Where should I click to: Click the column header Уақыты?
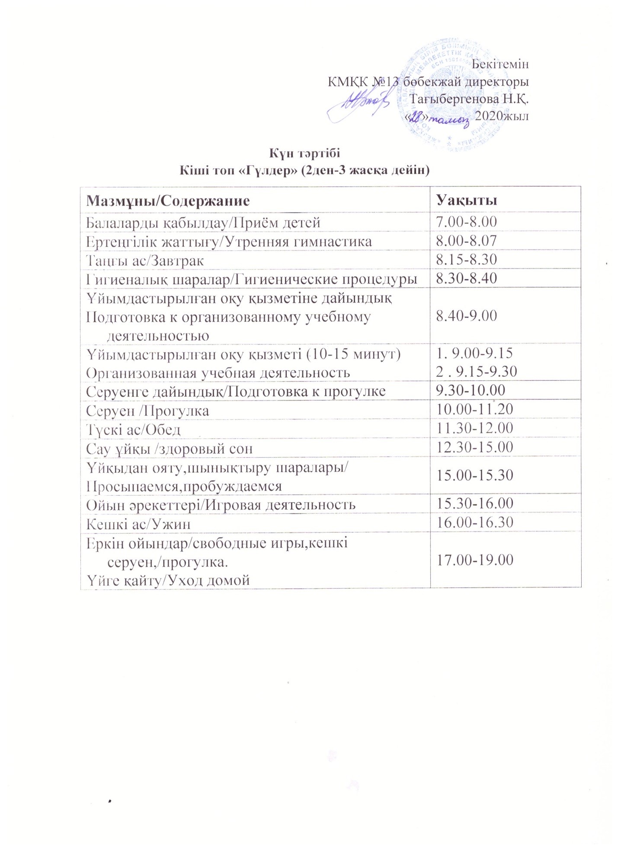[x=466, y=200]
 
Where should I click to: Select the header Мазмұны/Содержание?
[x=168, y=201]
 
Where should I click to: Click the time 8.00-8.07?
[x=466, y=241]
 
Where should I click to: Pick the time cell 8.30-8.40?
[x=466, y=278]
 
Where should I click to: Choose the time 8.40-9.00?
[x=466, y=315]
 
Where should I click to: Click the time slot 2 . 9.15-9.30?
[x=477, y=372]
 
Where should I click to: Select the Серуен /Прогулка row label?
[x=147, y=410]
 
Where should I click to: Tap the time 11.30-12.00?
[x=474, y=428]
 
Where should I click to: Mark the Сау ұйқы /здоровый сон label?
[x=169, y=448]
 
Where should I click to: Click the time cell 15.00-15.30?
[x=474, y=475]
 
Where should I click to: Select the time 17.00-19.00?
[x=474, y=560]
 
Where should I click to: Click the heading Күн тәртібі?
[x=305, y=153]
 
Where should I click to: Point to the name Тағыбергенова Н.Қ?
[x=469, y=99]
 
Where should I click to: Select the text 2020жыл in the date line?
[x=502, y=116]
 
